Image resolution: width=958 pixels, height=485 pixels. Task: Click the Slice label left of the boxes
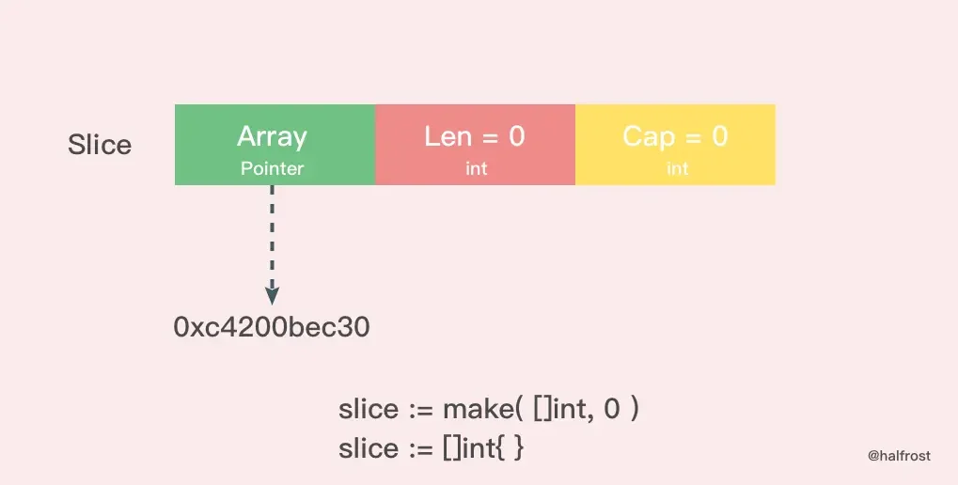[x=100, y=145]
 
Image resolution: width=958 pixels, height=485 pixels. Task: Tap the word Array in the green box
[x=272, y=137]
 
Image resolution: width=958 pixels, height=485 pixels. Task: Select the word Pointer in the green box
[x=272, y=168]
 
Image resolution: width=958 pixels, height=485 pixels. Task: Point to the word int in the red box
[x=476, y=168]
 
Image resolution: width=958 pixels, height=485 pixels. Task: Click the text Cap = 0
[x=675, y=137]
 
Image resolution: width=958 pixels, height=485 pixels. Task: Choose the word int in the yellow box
[x=677, y=168]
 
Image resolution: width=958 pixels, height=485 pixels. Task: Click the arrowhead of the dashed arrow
[x=272, y=296]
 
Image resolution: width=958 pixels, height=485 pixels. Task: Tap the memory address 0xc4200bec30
[x=272, y=327]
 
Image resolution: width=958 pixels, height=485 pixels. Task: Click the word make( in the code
[x=482, y=409]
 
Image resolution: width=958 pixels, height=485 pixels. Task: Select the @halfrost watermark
[x=899, y=456]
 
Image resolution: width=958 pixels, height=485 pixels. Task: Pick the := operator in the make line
[x=420, y=410]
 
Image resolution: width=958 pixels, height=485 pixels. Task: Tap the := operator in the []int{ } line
[x=420, y=449]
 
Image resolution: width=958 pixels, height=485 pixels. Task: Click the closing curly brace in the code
[x=518, y=448]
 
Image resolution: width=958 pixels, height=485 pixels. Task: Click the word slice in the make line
[x=369, y=409]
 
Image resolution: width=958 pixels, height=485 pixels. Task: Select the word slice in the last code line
[x=369, y=447]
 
